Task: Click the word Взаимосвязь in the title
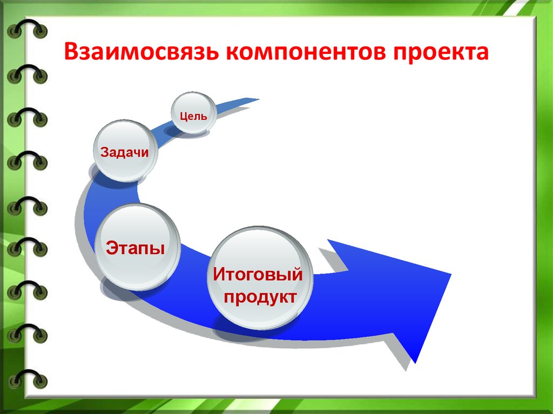[140, 51]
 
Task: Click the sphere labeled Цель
[194, 113]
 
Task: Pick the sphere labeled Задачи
[125, 151]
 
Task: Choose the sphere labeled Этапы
[137, 247]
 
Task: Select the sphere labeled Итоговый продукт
[260, 278]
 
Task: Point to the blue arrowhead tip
[451, 274]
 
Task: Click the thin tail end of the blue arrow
[259, 100]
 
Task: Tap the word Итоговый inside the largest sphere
[258, 274]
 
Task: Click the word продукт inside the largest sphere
[260, 297]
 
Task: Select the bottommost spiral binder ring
[27, 378]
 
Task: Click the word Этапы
[136, 248]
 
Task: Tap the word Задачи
[125, 152]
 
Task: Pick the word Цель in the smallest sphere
[193, 116]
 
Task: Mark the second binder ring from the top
[27, 74]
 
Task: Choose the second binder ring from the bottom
[27, 333]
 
